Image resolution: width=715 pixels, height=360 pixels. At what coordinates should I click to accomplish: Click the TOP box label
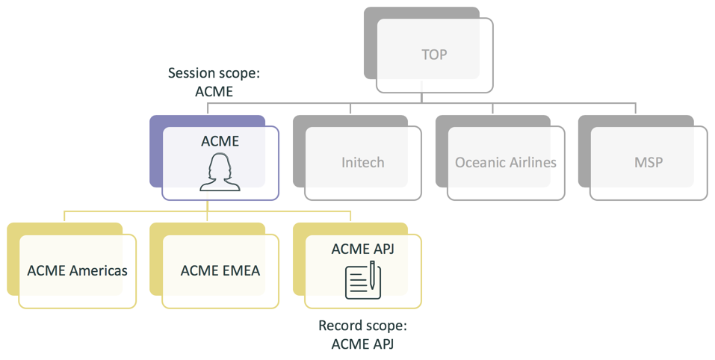(434, 55)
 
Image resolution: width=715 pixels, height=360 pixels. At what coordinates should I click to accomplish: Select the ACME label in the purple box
(220, 140)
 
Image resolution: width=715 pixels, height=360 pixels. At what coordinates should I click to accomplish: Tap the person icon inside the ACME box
(220, 173)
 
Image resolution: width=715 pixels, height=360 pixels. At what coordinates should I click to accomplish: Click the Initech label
(362, 162)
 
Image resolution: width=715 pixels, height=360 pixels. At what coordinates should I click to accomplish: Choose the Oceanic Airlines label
(506, 162)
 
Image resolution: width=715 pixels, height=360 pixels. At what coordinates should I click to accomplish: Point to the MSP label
(648, 162)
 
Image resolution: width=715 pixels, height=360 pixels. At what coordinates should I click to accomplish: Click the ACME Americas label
(77, 270)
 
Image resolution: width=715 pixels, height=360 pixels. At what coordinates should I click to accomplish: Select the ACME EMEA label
(220, 270)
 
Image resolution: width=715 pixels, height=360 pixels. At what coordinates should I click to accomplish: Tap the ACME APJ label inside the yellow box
(362, 248)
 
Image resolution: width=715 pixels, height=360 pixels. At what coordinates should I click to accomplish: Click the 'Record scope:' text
(362, 326)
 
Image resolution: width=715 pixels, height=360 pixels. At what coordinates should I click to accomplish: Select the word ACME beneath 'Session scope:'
(214, 92)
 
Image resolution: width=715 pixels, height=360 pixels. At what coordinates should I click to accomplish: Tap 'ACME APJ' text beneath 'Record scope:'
(362, 344)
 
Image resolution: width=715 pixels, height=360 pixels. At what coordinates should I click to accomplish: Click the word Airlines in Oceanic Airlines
(532, 162)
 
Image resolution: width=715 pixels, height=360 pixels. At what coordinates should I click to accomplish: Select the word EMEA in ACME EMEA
(241, 270)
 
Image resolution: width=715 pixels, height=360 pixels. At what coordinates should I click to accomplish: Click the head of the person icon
(220, 166)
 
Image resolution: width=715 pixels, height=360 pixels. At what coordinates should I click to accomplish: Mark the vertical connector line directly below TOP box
(421, 97)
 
